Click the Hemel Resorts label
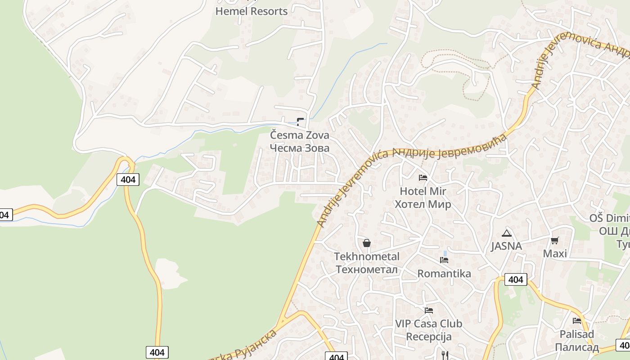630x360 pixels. point(251,11)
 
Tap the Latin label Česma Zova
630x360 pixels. point(299,135)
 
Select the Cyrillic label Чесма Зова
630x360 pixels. point(299,148)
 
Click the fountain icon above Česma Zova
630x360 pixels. point(300,121)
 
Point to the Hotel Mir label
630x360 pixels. point(423,191)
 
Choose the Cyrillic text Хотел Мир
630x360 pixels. point(423,204)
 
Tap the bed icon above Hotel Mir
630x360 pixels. point(423,177)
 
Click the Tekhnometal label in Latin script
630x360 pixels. point(366,256)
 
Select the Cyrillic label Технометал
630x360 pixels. point(366,270)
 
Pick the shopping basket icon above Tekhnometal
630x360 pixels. point(367,243)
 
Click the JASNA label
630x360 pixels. point(506,246)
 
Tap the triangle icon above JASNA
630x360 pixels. point(507,233)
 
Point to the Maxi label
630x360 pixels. point(555,253)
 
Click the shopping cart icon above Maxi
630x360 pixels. point(555,240)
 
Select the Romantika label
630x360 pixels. point(444,274)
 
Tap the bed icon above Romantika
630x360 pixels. point(444,260)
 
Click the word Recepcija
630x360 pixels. point(428,337)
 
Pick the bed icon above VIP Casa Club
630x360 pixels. point(429,310)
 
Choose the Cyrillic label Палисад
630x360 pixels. point(576,347)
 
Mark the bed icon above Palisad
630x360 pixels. point(577,321)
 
